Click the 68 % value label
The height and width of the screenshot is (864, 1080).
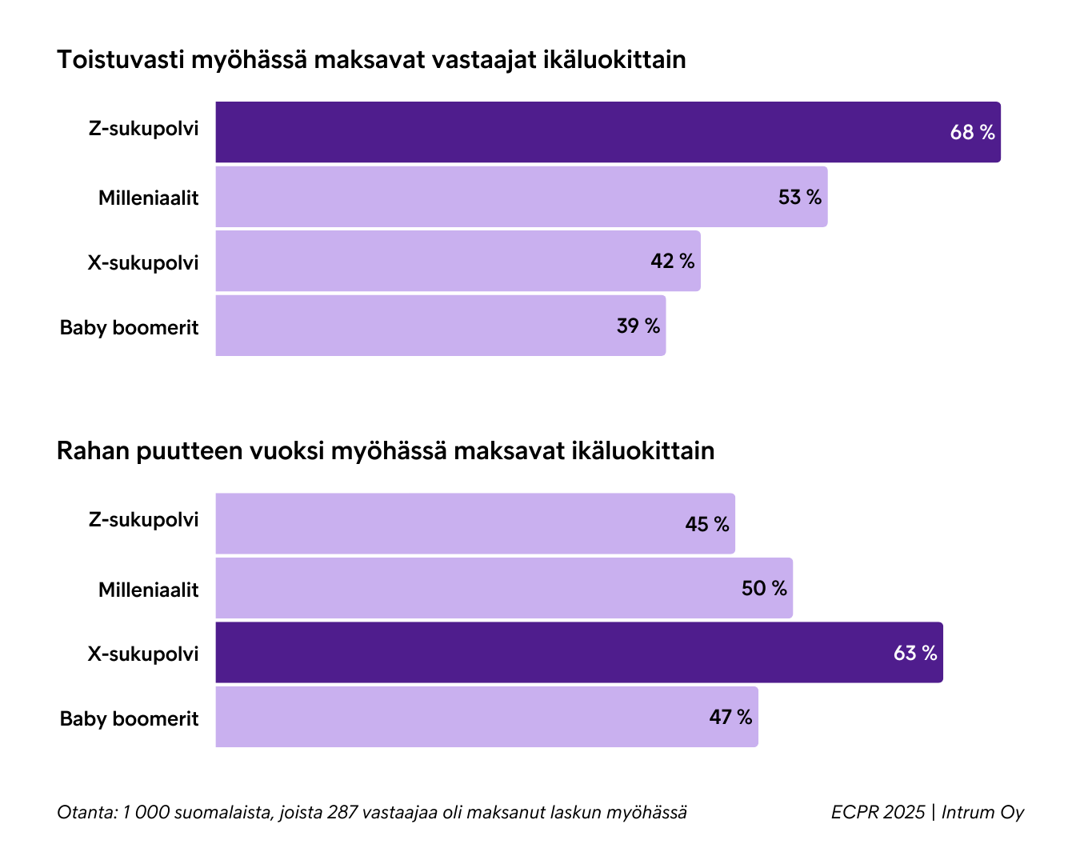972,133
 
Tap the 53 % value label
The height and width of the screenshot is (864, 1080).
799,198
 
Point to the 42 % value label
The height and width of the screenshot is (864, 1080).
672,262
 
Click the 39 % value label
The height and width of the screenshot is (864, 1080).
638,326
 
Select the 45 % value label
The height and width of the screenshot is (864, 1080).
706,525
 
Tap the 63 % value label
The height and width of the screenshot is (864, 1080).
914,654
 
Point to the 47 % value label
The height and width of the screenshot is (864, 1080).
730,718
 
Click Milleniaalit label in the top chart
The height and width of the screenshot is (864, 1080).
148,198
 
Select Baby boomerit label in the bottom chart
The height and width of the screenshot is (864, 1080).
129,718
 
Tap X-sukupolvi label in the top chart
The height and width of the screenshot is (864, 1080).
142,262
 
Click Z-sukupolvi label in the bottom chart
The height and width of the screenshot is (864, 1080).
143,520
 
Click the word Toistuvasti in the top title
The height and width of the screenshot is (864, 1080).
120,60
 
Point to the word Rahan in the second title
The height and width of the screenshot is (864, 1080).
92,451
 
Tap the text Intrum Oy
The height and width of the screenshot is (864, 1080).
982,813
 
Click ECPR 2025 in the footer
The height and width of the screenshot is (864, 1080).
877,813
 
